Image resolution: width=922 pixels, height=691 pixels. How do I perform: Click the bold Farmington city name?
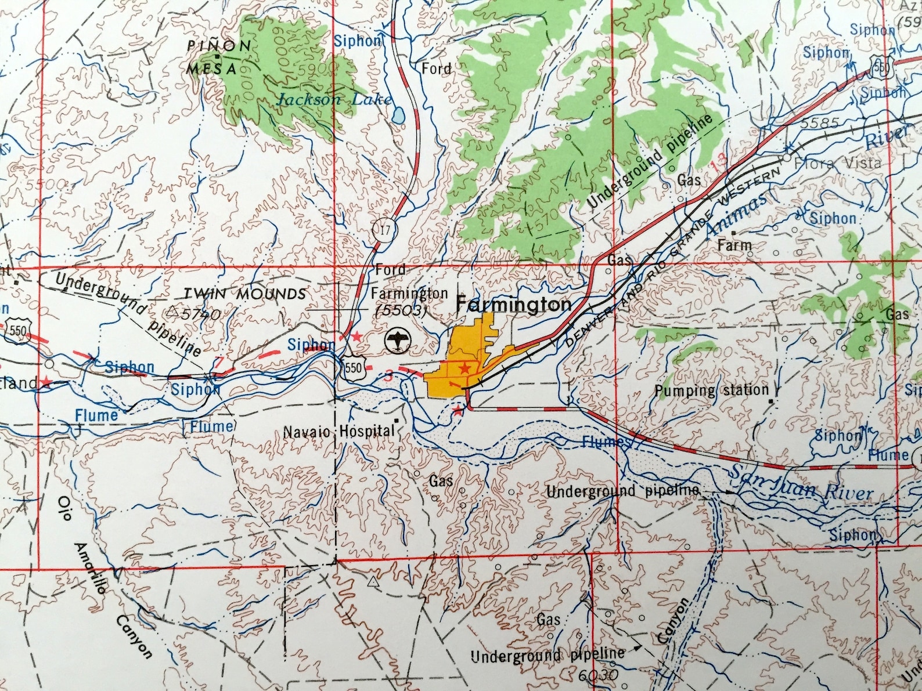(x=513, y=305)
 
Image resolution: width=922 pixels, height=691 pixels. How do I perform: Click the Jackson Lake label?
(x=334, y=99)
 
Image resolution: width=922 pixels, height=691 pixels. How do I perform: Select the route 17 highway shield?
(x=384, y=230)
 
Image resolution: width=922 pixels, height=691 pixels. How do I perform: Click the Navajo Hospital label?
(x=338, y=432)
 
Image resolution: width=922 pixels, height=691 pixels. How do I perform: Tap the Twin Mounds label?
(x=244, y=294)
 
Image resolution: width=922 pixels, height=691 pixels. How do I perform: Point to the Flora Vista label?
(x=837, y=163)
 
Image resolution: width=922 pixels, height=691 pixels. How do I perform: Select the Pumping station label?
(x=712, y=390)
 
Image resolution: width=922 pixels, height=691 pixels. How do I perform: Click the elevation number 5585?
(x=819, y=124)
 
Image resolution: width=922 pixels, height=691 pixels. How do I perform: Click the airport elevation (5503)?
(x=401, y=310)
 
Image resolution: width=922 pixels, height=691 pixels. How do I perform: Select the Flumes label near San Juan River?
(x=606, y=443)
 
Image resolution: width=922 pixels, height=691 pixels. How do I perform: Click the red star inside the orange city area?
(x=464, y=368)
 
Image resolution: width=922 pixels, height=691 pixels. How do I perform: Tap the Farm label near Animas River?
(x=734, y=245)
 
